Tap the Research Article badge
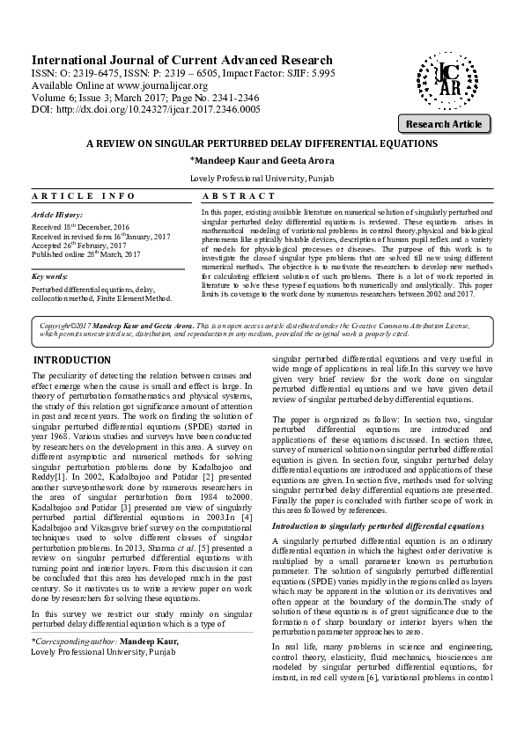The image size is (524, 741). tap(444, 124)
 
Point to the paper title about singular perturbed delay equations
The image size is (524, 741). tap(262, 142)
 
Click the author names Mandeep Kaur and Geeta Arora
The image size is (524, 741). tap(262, 161)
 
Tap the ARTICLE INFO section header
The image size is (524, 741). tap(84, 195)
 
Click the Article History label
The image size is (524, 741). tap(57, 215)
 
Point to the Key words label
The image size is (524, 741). tap(50, 275)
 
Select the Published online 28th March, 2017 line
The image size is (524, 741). tap(85, 254)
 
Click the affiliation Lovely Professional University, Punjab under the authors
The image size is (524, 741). tap(262, 179)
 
